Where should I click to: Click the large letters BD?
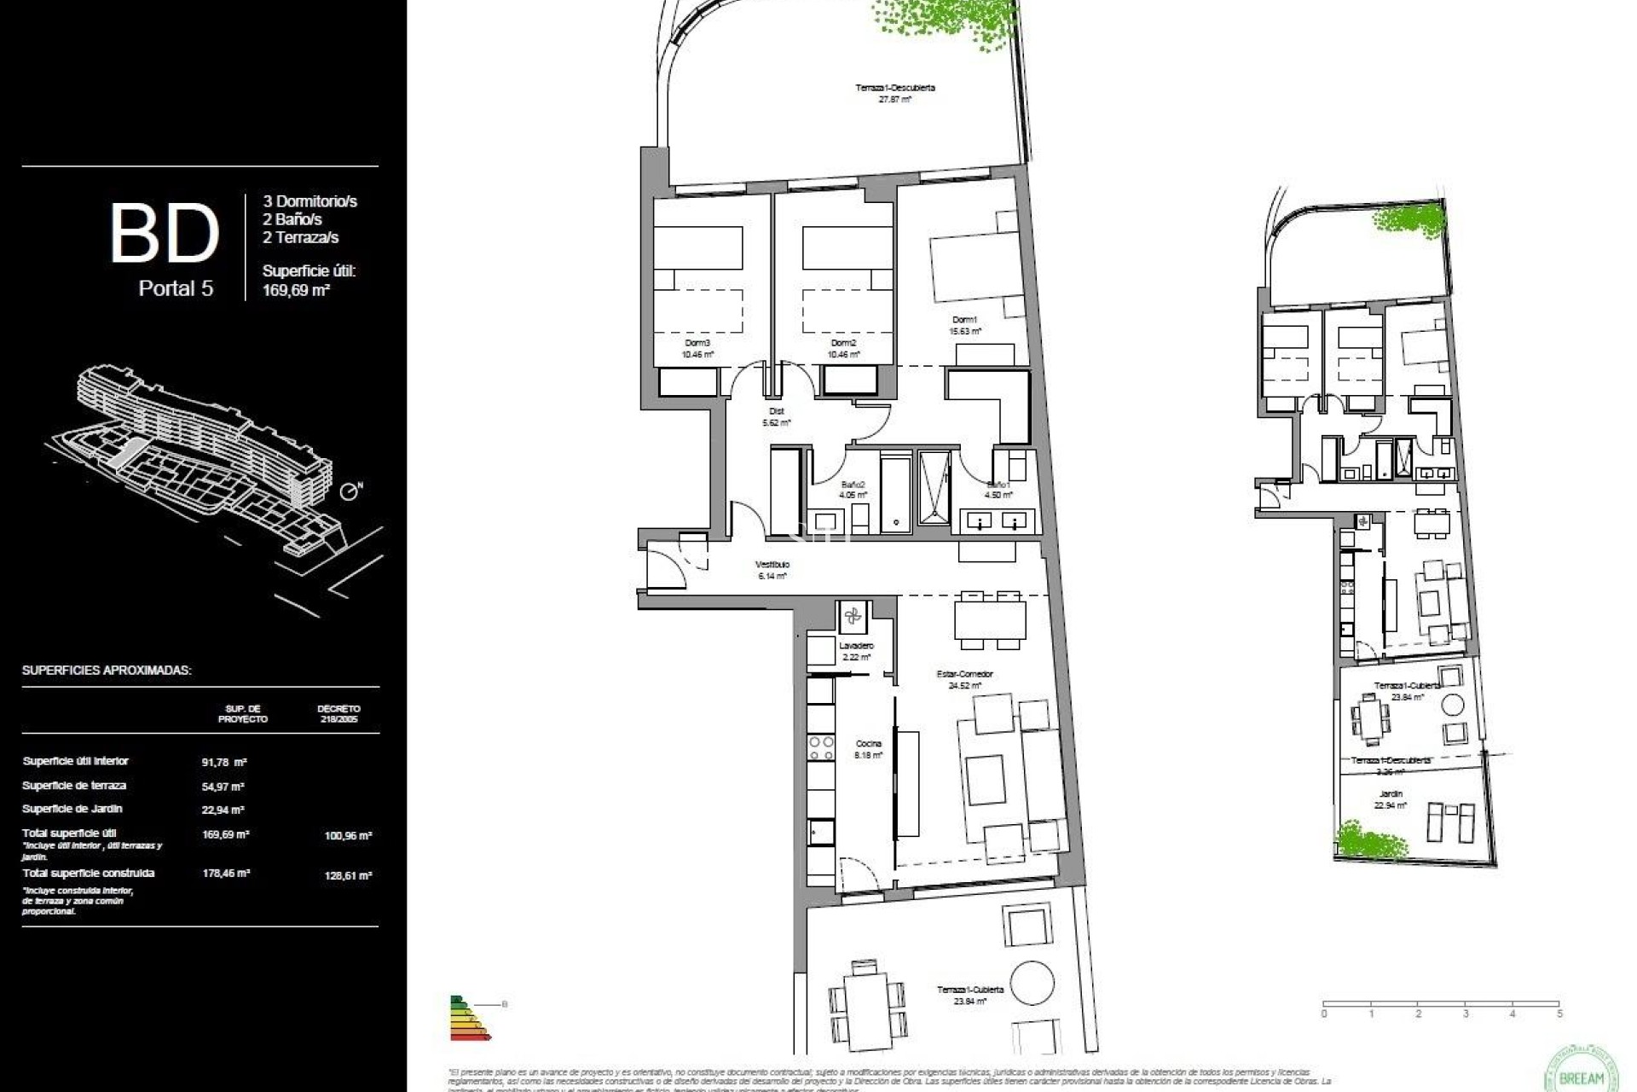(165, 233)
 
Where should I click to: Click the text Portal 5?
(176, 288)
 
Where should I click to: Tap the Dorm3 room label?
(697, 343)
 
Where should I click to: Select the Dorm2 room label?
(843, 343)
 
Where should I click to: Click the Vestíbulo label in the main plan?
(772, 565)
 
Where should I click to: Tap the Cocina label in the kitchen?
(868, 744)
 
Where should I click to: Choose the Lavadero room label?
(855, 647)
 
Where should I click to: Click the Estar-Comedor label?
(964, 675)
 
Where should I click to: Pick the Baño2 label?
(852, 484)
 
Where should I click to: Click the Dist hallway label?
(776, 411)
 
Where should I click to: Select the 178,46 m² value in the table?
(225, 874)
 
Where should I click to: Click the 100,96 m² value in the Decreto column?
(348, 836)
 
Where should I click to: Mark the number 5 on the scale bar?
(1559, 1014)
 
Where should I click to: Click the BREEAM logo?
(1580, 1072)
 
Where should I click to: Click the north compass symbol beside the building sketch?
(350, 492)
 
